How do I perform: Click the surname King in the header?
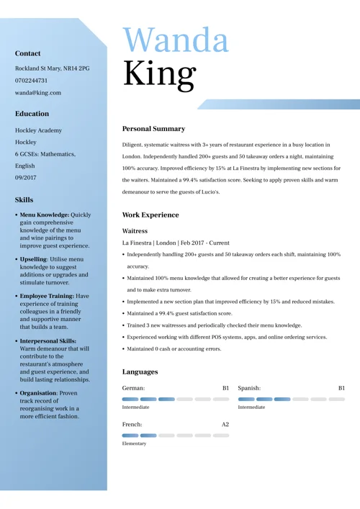click(x=159, y=73)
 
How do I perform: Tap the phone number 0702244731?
click(x=31, y=81)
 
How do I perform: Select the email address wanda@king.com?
click(x=38, y=92)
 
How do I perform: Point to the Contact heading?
click(x=28, y=53)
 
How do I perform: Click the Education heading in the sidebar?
click(x=32, y=114)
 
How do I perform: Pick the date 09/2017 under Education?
click(x=26, y=177)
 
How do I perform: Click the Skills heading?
click(x=24, y=200)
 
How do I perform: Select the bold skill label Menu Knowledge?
click(x=44, y=215)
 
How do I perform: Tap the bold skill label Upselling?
click(x=33, y=259)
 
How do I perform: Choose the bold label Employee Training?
click(x=47, y=296)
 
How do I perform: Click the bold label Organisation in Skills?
click(x=38, y=393)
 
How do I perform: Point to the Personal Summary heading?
click(x=153, y=129)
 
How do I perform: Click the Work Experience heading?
click(x=150, y=215)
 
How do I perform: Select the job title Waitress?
click(x=135, y=231)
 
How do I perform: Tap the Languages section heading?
click(x=140, y=372)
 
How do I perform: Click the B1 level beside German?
click(x=225, y=388)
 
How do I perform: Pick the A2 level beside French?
click(x=225, y=425)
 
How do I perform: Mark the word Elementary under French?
click(x=135, y=443)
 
